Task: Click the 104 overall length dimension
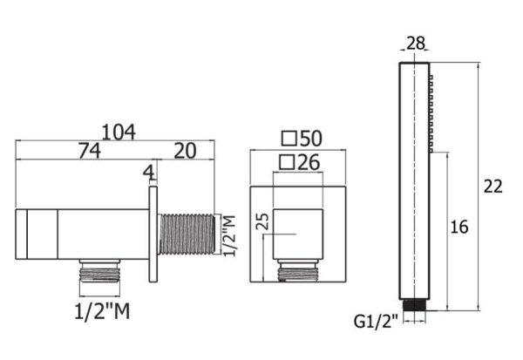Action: (x=118, y=132)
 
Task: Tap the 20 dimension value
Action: (x=183, y=151)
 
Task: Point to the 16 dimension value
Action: (x=459, y=228)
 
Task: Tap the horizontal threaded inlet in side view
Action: (x=187, y=234)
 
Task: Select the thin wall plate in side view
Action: (x=153, y=234)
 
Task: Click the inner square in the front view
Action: (x=299, y=234)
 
